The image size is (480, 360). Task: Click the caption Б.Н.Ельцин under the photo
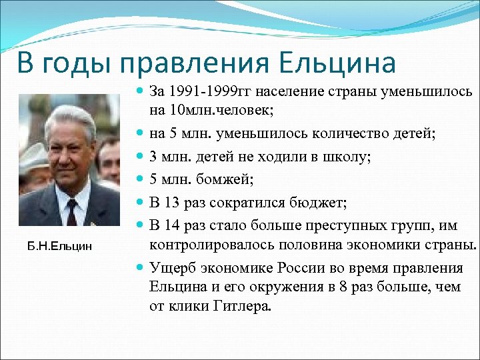[x=59, y=247]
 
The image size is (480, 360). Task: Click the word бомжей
[x=225, y=179]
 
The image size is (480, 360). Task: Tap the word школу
[x=347, y=157]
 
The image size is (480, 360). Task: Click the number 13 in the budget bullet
[x=171, y=203]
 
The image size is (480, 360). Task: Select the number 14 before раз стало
[x=171, y=225]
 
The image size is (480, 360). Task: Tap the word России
[x=301, y=268]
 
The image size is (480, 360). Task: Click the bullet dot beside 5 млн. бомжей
[x=139, y=178]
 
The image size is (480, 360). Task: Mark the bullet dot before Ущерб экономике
[x=139, y=267]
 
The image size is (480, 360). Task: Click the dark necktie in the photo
[x=71, y=212]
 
